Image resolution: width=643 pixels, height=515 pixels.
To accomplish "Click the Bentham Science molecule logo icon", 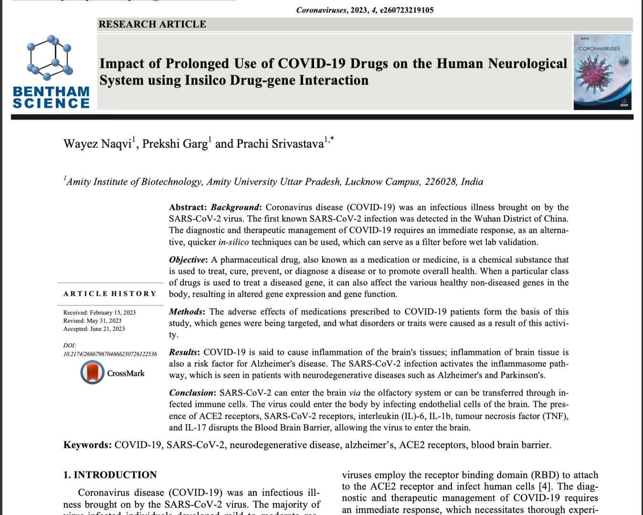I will pyautogui.click(x=50, y=58).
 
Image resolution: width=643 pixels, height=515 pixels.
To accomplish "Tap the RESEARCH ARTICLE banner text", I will pyautogui.click(x=152, y=24).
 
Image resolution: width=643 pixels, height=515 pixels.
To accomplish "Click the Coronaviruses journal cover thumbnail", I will pyautogui.click(x=602, y=72).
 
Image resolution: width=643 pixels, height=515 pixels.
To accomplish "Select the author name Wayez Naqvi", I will pyautogui.click(x=97, y=144).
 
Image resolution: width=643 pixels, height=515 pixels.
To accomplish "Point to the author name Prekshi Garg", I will pyautogui.click(x=175, y=144).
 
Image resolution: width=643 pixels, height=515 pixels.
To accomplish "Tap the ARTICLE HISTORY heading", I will pyautogui.click(x=110, y=294).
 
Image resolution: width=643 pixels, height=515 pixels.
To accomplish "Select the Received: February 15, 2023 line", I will pyautogui.click(x=99, y=312).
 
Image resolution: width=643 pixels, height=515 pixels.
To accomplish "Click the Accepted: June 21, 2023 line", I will pyautogui.click(x=94, y=329).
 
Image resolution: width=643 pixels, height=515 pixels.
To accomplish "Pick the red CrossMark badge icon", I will pyautogui.click(x=92, y=372).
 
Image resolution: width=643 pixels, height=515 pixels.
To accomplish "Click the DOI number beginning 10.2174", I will pyautogui.click(x=110, y=354).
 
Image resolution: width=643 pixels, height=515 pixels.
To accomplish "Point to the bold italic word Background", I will pyautogui.click(x=235, y=207).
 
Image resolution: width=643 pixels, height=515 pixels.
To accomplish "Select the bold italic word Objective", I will pyautogui.click(x=188, y=260).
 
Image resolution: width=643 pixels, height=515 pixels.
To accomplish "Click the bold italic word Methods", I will pyautogui.click(x=186, y=312).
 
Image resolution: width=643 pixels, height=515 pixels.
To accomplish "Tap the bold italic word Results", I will pyautogui.click(x=184, y=352).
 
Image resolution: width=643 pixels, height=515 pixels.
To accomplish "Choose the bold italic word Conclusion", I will pyautogui.click(x=192, y=393).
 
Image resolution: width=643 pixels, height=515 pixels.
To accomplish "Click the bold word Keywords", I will pyautogui.click(x=87, y=445).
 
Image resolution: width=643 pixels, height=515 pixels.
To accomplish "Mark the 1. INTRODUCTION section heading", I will pyautogui.click(x=110, y=475).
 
